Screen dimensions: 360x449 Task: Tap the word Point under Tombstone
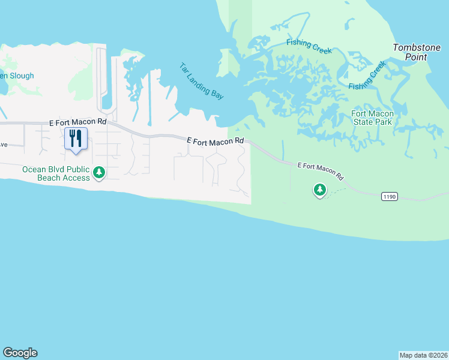click(416, 57)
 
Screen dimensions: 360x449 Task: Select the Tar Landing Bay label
click(201, 81)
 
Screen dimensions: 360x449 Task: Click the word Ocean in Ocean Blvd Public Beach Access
click(34, 169)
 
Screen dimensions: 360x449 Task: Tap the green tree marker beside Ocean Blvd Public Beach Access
click(99, 173)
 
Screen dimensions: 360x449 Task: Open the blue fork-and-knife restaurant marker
click(76, 139)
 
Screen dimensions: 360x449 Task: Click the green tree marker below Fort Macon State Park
click(320, 190)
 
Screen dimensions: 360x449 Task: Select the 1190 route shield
click(389, 196)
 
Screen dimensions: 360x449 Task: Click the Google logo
click(20, 353)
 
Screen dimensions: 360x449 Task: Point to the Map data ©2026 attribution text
click(423, 355)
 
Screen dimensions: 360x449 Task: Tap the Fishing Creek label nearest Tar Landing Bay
click(309, 46)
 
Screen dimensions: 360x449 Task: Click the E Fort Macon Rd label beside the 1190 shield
click(321, 171)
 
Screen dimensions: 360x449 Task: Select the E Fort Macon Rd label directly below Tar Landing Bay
click(215, 140)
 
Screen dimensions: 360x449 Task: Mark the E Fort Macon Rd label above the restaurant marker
click(78, 121)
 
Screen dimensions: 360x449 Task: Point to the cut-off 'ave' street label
click(4, 145)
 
